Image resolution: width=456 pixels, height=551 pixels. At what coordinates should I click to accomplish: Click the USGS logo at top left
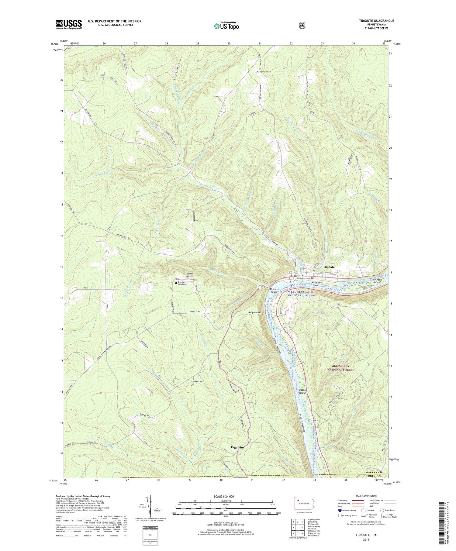(69, 24)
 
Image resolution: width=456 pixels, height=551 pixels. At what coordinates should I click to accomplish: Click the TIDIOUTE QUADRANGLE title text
(376, 21)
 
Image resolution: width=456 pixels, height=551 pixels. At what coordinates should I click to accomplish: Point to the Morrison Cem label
(265, 72)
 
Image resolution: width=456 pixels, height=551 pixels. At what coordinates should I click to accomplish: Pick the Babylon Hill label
(254, 312)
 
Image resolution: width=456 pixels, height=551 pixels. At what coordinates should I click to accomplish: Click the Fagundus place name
(237, 448)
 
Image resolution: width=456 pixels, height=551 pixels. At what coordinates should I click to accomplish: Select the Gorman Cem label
(196, 382)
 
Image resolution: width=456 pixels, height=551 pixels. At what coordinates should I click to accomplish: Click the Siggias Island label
(302, 391)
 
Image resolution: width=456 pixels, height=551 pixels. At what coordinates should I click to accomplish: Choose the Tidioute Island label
(274, 290)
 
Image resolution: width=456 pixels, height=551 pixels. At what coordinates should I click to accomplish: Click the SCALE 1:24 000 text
(226, 497)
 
